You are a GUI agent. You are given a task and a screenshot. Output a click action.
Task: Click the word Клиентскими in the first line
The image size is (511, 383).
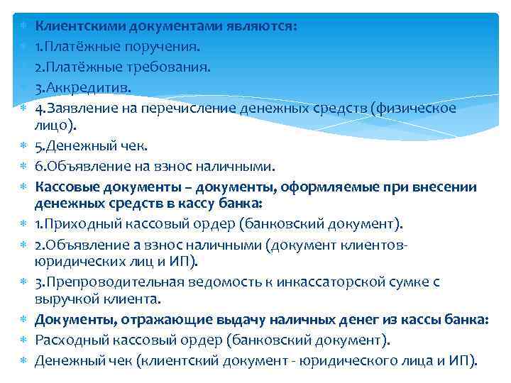[77, 26]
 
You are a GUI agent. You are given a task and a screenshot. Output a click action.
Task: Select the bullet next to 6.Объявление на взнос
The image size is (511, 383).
[22, 167]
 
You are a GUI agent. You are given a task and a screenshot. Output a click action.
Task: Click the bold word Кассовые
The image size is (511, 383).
[67, 187]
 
